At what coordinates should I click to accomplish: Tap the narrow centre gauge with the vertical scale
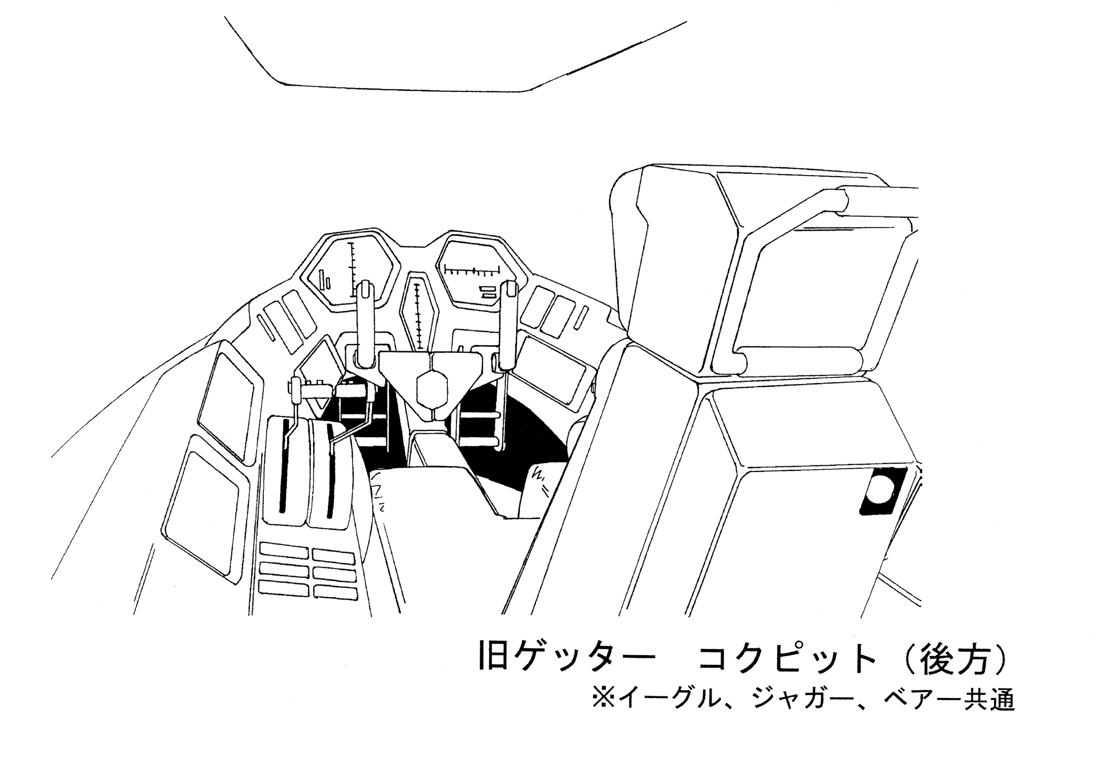coord(418,315)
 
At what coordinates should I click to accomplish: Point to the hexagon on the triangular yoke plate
coord(432,389)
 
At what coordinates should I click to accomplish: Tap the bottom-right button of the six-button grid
coord(335,592)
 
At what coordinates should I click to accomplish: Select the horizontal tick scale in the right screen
coord(472,271)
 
